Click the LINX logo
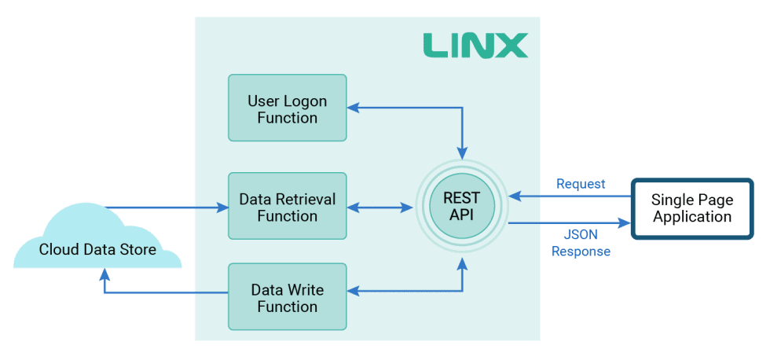point(475,45)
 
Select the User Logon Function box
point(287,108)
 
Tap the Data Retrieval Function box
point(287,206)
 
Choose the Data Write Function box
point(287,297)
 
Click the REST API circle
point(462,207)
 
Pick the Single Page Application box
point(691,208)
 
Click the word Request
point(581,183)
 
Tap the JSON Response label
point(581,243)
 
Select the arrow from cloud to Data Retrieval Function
point(165,208)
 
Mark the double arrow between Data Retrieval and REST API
point(380,208)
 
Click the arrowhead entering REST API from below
point(463,265)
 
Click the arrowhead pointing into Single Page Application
point(625,224)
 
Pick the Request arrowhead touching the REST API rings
point(513,195)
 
